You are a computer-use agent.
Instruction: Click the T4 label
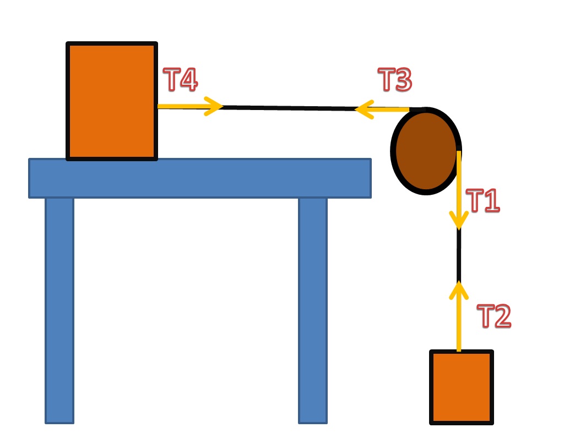coord(181,80)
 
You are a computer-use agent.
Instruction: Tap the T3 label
coord(395,80)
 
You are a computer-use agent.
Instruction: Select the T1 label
coord(483,201)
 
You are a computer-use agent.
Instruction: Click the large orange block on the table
coord(112,101)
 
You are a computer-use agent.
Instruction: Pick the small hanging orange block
coord(461,387)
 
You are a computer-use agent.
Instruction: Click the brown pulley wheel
coord(426,150)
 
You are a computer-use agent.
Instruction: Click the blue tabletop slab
coord(199,178)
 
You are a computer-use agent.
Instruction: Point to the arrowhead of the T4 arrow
coord(216,106)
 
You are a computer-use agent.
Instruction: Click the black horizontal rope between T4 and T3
coord(286,108)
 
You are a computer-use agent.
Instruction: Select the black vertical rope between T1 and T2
coord(458,256)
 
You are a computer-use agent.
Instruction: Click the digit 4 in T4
coord(188,80)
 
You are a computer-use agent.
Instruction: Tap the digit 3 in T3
coord(403,80)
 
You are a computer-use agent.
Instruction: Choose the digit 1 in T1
coord(491,201)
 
